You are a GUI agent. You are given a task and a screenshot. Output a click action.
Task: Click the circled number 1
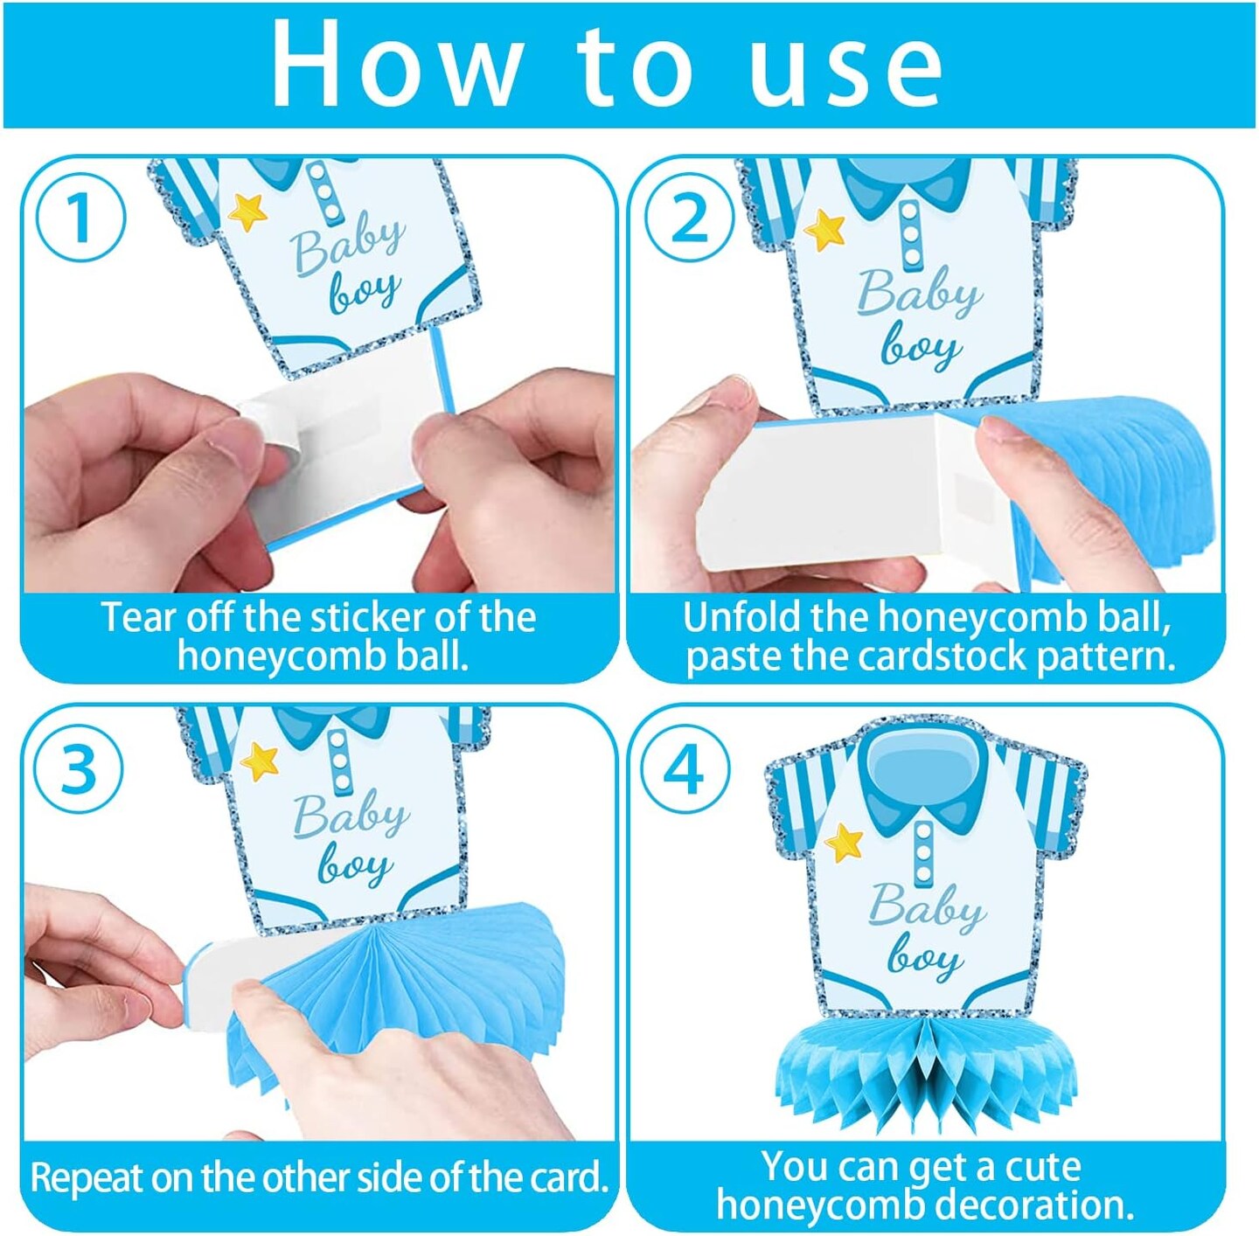click(x=80, y=218)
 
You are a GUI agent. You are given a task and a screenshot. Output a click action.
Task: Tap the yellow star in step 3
click(x=260, y=762)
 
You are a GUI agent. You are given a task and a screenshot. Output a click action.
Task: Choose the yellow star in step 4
click(x=844, y=844)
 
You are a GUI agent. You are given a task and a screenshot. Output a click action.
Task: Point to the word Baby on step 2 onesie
click(x=919, y=295)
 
